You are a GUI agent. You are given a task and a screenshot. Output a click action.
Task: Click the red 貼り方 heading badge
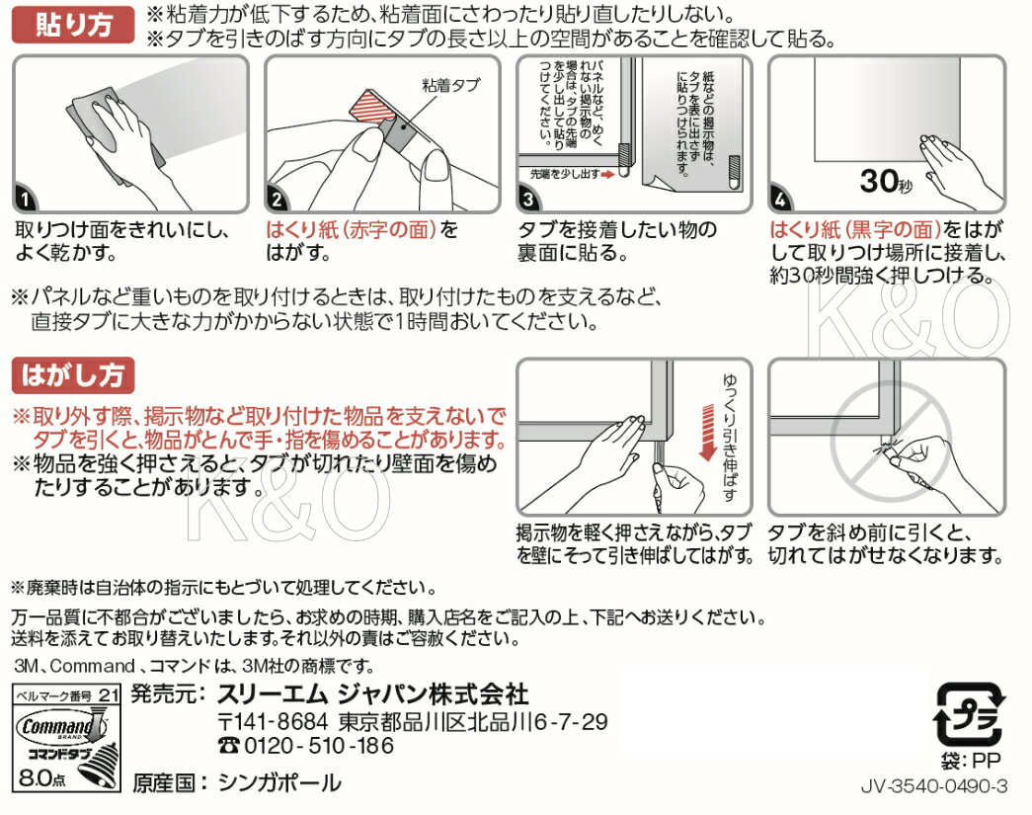(x=73, y=27)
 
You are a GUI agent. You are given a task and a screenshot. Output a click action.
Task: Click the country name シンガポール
(x=278, y=783)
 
